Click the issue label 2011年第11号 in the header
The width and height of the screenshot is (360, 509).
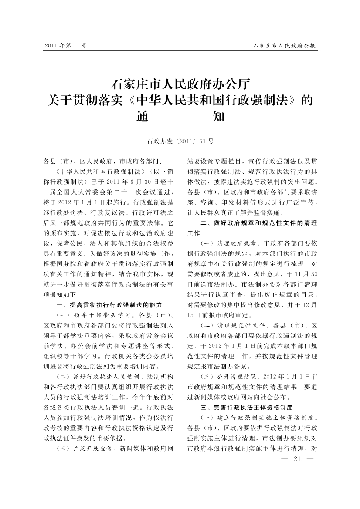[x=66, y=45]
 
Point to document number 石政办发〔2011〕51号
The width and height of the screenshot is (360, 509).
[x=180, y=141]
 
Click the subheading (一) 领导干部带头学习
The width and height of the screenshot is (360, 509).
[x=91, y=315]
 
